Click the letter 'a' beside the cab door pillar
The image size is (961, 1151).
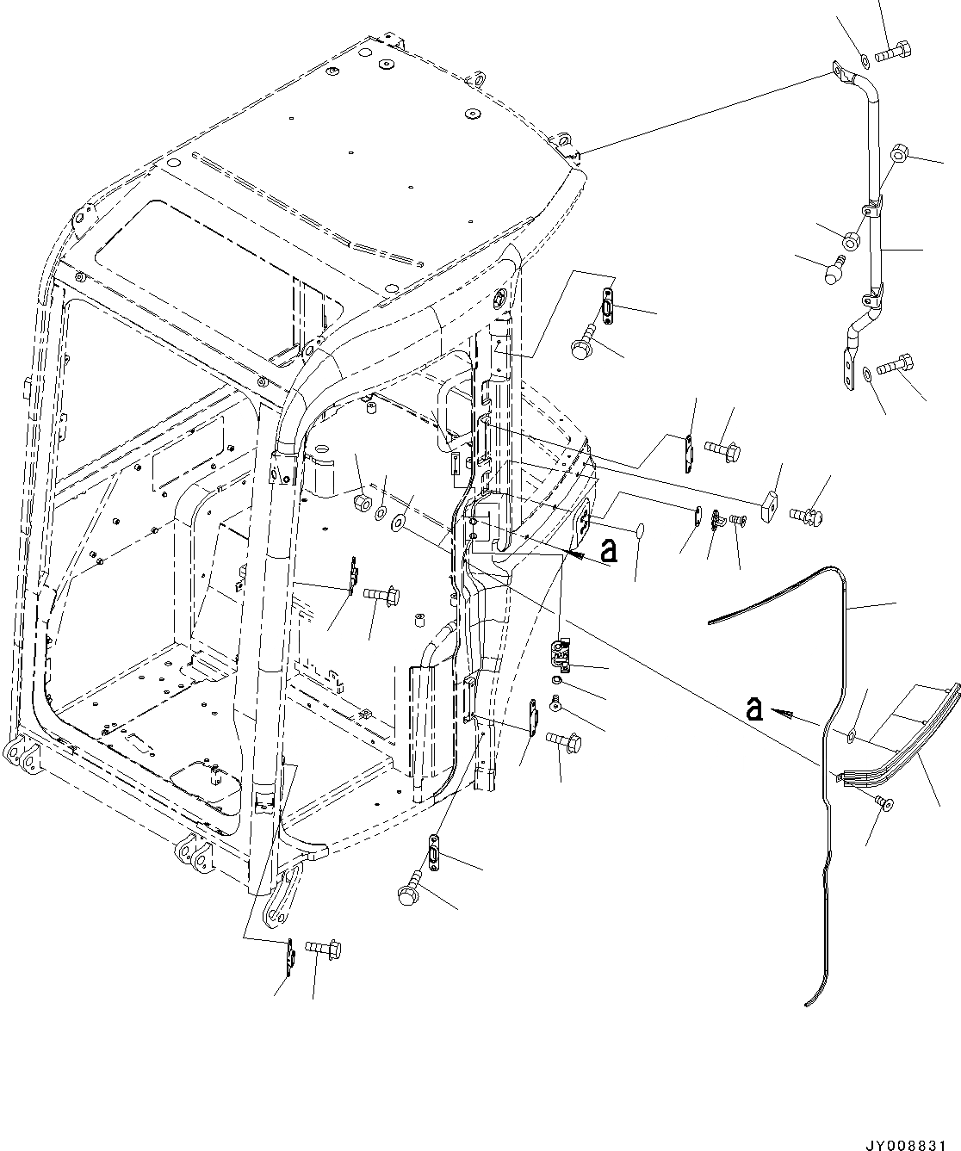pyautogui.click(x=609, y=549)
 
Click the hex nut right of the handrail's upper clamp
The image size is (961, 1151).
pyautogui.click(x=899, y=154)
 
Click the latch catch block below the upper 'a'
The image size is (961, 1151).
pyautogui.click(x=563, y=654)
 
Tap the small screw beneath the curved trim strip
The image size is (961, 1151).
pyautogui.click(x=884, y=802)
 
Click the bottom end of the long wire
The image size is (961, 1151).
pyautogui.click(x=808, y=1003)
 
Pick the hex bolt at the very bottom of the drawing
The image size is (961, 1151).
pyautogui.click(x=325, y=950)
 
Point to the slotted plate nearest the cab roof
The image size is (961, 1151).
pyautogui.click(x=608, y=308)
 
